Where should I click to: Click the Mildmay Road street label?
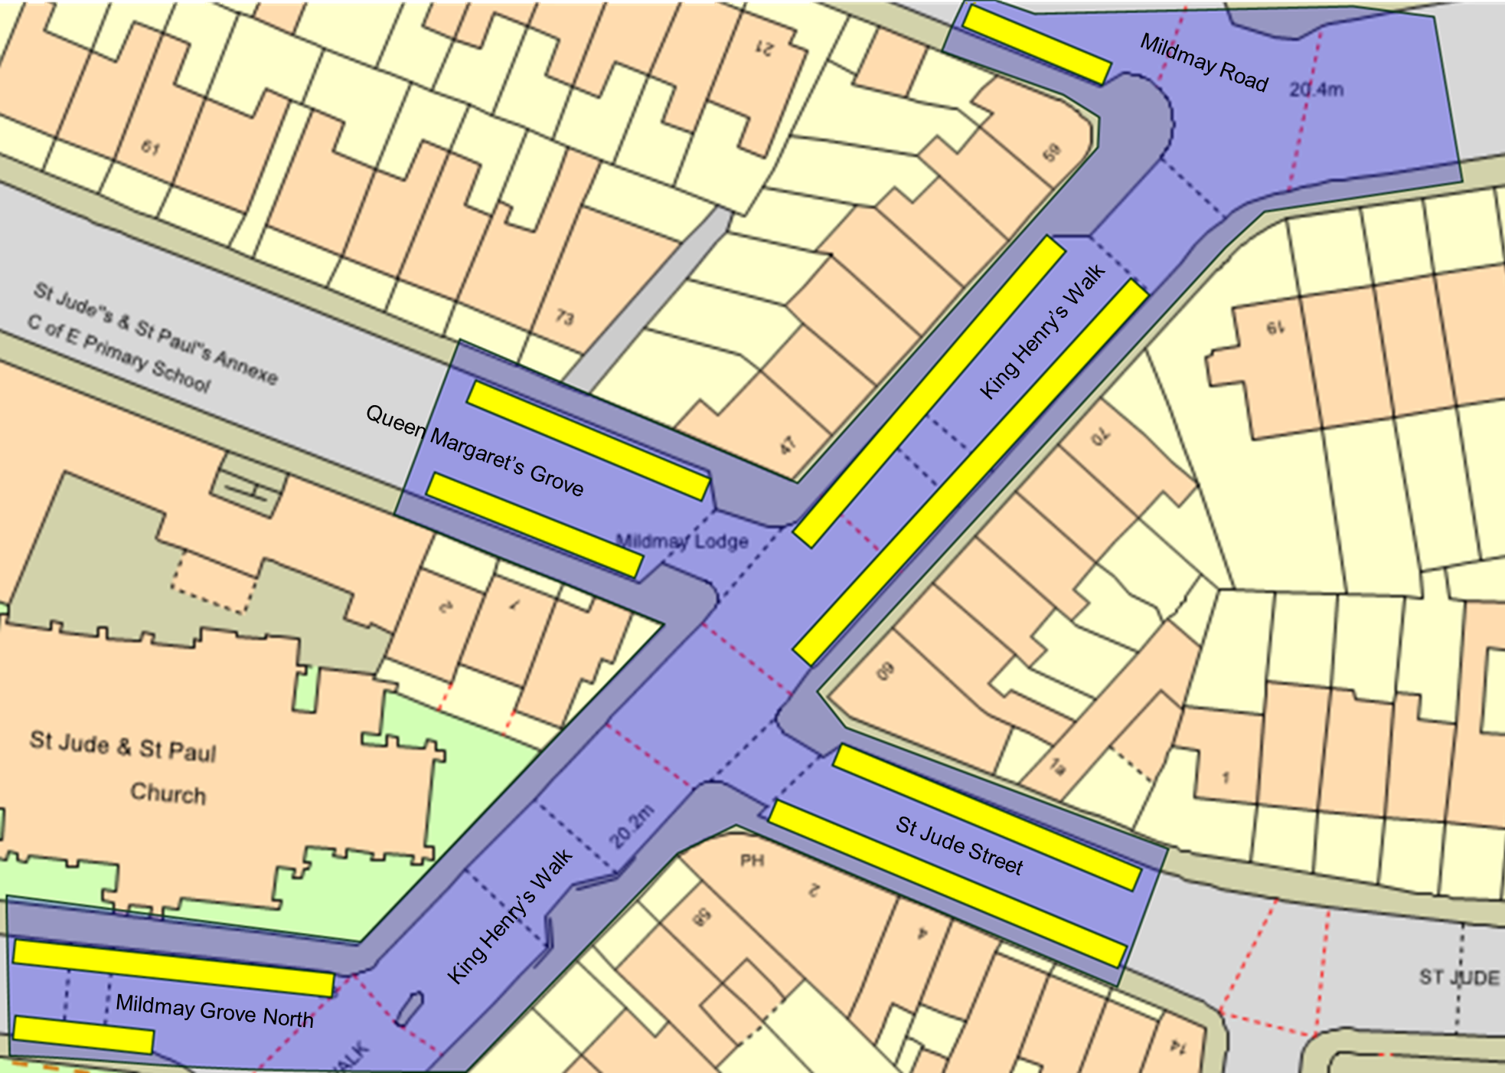pos(1203,62)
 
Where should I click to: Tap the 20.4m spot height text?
pos(1316,90)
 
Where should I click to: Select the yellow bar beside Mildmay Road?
pos(1036,44)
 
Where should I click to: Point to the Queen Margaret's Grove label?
pos(475,450)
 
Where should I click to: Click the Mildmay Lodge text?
pos(682,541)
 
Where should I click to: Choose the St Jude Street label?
pos(959,846)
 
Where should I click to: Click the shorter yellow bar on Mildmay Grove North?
pos(83,1035)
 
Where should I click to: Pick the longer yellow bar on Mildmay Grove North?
pos(174,968)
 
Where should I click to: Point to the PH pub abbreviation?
pos(752,861)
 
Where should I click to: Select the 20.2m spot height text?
pos(632,826)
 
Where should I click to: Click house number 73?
pos(564,316)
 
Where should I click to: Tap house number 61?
pos(150,147)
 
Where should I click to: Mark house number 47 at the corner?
pos(788,445)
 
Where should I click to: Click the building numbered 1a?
pos(1056,766)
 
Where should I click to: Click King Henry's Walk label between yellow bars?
pos(1043,332)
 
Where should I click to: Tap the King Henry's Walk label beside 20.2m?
pos(510,917)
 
